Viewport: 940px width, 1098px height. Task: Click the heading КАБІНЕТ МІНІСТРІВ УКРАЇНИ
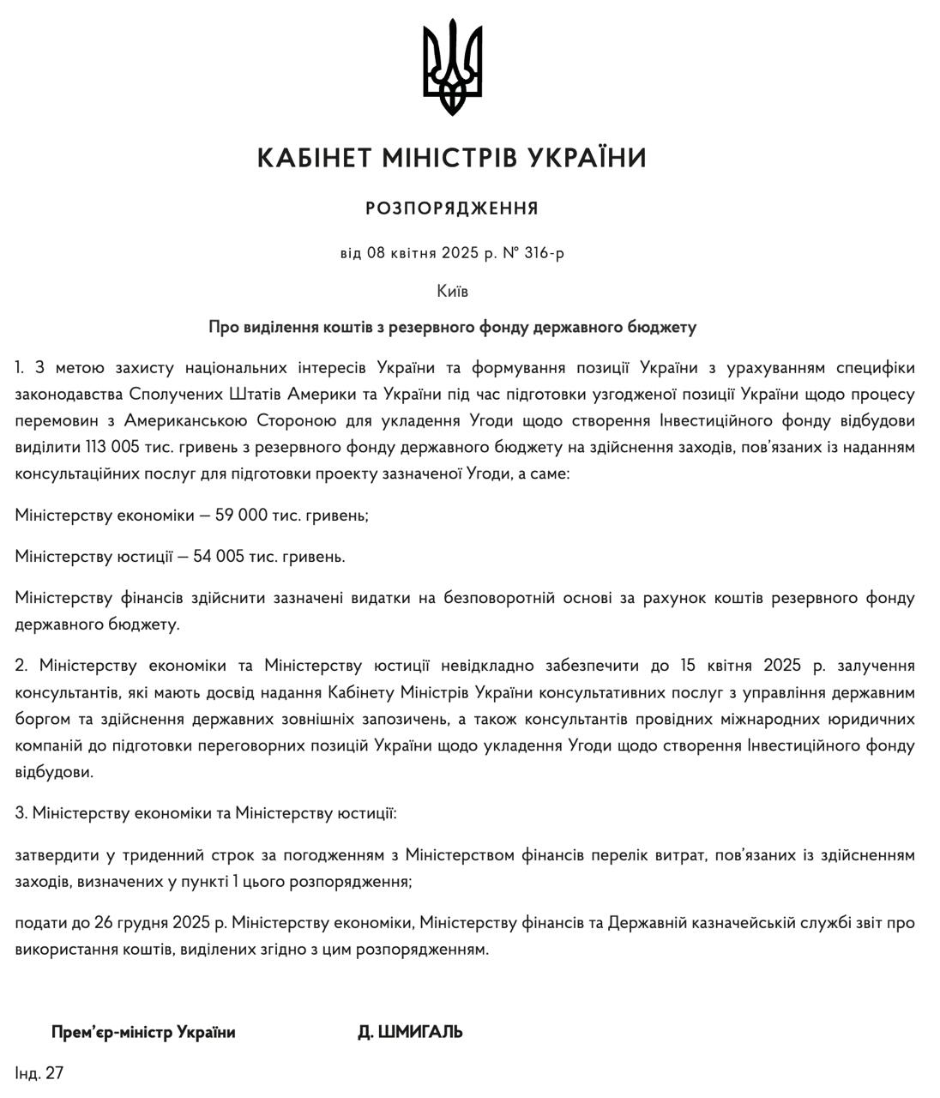(x=452, y=159)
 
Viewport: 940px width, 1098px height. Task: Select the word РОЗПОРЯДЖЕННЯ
(x=452, y=208)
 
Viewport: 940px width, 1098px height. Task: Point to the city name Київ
(x=452, y=291)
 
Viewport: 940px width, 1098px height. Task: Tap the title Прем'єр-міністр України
(x=143, y=1032)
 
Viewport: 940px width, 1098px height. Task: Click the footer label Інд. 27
(x=39, y=1072)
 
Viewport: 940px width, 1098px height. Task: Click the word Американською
(x=186, y=420)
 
